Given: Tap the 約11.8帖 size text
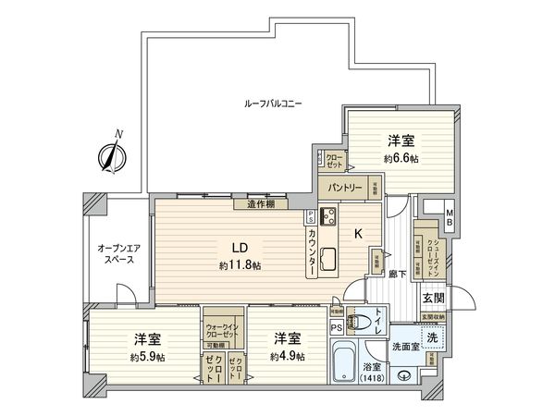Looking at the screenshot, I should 240,266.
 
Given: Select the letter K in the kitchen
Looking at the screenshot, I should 358,234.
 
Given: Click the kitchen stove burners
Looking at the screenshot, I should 327,218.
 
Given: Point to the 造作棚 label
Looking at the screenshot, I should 260,205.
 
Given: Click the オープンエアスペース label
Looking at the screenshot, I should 117,254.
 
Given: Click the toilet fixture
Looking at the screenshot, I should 367,323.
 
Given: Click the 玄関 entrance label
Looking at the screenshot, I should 433,298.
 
